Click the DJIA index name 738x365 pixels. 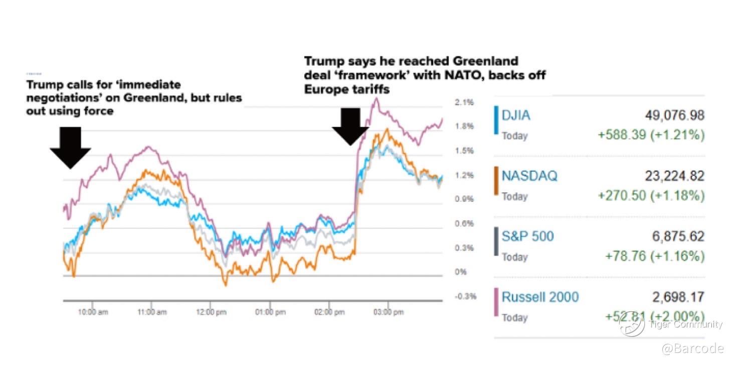pos(516,115)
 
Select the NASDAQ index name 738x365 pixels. pos(529,176)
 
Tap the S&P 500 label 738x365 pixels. pos(528,236)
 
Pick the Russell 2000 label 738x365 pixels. pos(540,297)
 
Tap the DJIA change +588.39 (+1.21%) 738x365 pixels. pos(651,136)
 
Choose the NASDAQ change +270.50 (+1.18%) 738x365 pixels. pos(651,196)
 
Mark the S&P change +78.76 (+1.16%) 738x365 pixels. pos(654,257)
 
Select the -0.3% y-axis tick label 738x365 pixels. pos(465,296)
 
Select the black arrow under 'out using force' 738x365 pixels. pos(70,147)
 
